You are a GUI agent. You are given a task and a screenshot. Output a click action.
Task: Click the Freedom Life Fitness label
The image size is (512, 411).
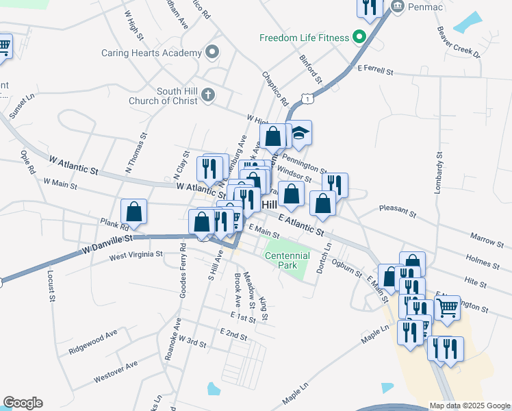[304, 38]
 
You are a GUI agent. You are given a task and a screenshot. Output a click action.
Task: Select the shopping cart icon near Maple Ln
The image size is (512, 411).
[448, 308]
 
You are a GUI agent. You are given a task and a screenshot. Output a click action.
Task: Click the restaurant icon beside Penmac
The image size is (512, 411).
[369, 8]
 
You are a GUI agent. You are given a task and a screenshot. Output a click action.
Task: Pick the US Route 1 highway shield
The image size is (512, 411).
[310, 99]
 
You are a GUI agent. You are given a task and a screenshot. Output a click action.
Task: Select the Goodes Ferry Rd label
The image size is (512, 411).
[182, 270]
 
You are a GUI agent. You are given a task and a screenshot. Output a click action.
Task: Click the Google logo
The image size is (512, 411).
[23, 403]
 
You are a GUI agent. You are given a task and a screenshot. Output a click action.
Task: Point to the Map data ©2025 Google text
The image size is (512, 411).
[470, 405]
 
